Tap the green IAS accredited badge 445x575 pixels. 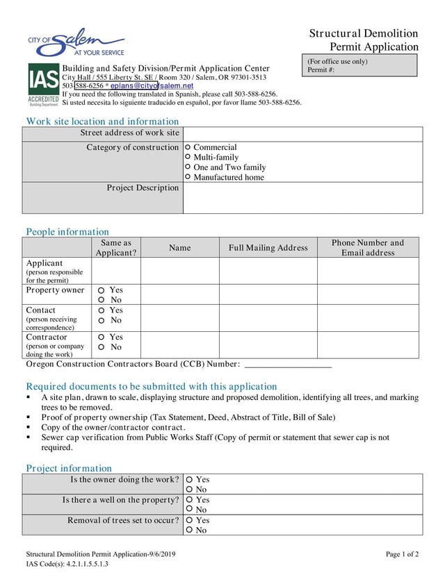pyautogui.click(x=43, y=84)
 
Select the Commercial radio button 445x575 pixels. pyautogui.click(x=188, y=147)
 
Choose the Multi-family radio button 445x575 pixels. pyautogui.click(x=188, y=158)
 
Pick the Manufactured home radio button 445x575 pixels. pyautogui.click(x=188, y=177)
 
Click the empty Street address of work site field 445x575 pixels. pyautogui.click(x=302, y=133)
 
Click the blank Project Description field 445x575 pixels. pyautogui.click(x=302, y=198)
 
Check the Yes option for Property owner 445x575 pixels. pyautogui.click(x=102, y=290)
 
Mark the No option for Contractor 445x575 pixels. pyautogui.click(x=102, y=347)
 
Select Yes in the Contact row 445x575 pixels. pyautogui.click(x=102, y=310)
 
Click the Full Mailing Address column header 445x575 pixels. pyautogui.click(x=268, y=248)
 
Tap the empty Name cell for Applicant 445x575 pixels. pyautogui.click(x=179, y=271)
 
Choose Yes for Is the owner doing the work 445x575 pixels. pyautogui.click(x=190, y=480)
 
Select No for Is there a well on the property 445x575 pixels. pyautogui.click(x=190, y=510)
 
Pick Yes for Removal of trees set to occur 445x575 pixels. pyautogui.click(x=190, y=520)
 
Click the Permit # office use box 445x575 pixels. pyautogui.click(x=359, y=66)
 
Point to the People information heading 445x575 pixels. pyautogui.click(x=67, y=232)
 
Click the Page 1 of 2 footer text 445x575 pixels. pyautogui.click(x=402, y=554)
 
